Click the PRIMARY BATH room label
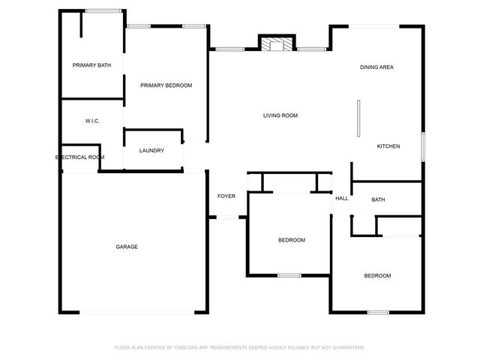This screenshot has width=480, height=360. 91,65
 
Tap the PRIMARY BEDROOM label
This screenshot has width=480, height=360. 166,85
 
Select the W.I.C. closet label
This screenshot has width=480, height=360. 92,121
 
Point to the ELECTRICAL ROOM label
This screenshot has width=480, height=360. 80,157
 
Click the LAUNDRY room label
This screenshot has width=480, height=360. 151,151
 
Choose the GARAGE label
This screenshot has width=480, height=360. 126,247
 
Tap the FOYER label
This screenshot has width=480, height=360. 226,196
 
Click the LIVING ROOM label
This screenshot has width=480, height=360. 280,115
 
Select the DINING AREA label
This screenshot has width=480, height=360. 376,67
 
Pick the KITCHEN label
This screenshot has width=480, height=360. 388,146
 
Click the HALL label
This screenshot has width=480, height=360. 342,199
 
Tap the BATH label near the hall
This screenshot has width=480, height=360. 378,199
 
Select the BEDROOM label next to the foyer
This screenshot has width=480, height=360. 292,240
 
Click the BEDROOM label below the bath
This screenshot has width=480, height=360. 377,276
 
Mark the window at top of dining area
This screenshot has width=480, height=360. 374,27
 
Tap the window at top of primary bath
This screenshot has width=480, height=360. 104,10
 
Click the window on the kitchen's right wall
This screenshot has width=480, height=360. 423,145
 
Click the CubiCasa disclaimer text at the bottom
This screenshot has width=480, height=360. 240,347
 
